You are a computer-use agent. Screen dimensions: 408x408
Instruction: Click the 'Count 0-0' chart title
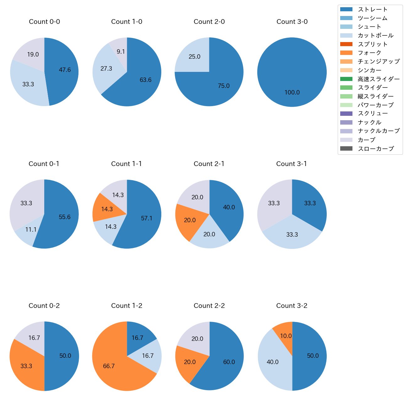coord(44,22)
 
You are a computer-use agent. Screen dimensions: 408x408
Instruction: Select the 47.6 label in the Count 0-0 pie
coord(65,70)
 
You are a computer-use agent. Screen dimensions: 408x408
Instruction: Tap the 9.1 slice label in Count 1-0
coord(121,52)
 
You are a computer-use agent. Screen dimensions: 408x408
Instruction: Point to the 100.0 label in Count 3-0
coord(292,93)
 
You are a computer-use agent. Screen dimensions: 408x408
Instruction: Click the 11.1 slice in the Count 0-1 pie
coord(31,230)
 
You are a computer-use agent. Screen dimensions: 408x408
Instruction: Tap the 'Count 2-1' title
coord(209,164)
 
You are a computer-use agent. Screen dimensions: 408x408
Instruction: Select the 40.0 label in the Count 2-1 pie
coord(229,207)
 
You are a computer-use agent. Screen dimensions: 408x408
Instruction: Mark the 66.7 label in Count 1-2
coord(109,366)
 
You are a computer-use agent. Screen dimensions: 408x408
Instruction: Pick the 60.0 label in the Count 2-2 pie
coord(229,362)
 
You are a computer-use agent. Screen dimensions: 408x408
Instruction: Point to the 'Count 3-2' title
coord(292,306)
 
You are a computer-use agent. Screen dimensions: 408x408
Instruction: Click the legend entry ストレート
coord(373,9)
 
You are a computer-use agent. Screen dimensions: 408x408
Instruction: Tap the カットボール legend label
coord(375,35)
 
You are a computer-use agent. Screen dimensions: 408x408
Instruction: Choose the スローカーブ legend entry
coord(376,149)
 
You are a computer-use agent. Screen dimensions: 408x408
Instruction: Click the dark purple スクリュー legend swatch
coord(346,114)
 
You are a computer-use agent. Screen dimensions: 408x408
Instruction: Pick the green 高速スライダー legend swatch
coord(346,79)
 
